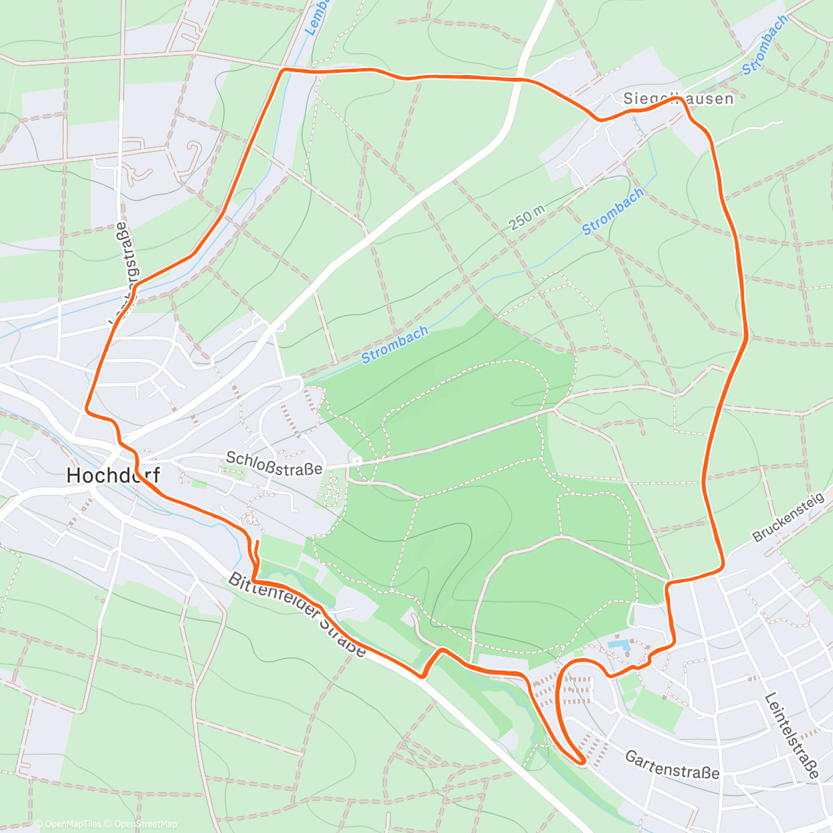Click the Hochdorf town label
point(113,476)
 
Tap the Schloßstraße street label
point(274,464)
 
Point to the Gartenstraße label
point(672,764)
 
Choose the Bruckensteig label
point(788,517)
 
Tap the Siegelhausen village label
point(678,99)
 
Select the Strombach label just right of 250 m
point(612,211)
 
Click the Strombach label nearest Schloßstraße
point(394,344)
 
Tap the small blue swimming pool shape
point(616,645)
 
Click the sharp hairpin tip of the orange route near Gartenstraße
point(582,762)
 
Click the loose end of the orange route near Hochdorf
point(258,541)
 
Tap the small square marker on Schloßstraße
point(356,460)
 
